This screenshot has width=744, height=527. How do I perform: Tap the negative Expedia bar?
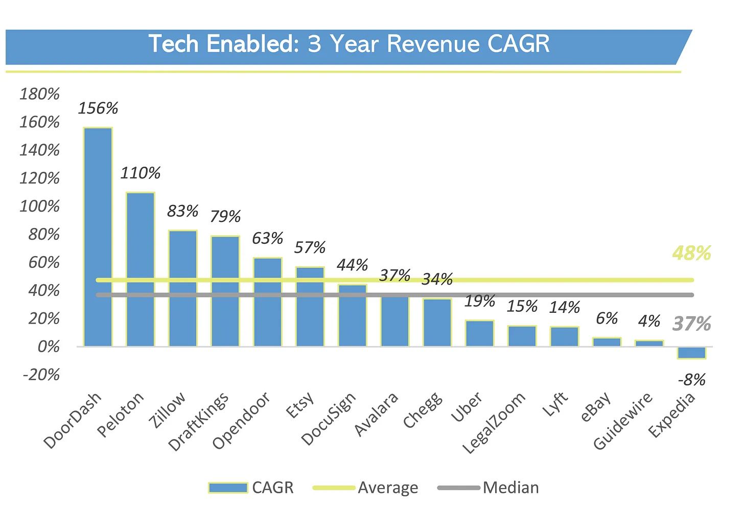(x=691, y=352)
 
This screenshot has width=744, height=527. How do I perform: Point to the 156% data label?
(x=98, y=108)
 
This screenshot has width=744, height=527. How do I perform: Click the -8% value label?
(x=691, y=380)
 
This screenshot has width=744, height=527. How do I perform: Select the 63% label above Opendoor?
(x=267, y=238)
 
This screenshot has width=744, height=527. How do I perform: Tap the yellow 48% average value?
(x=691, y=253)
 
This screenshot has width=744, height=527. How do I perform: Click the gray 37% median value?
(x=691, y=324)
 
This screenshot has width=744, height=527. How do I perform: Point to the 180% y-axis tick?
(x=39, y=94)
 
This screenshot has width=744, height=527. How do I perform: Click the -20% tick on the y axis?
(x=41, y=375)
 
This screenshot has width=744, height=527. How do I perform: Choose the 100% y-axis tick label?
(x=39, y=207)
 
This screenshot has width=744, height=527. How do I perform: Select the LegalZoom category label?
(x=494, y=423)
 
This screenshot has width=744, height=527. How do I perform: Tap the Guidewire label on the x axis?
(x=623, y=421)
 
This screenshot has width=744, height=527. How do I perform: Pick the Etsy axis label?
(x=300, y=406)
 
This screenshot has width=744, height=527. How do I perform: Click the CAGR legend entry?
(x=251, y=488)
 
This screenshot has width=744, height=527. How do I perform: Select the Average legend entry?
(x=366, y=488)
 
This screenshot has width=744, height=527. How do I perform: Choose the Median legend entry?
(x=489, y=488)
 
